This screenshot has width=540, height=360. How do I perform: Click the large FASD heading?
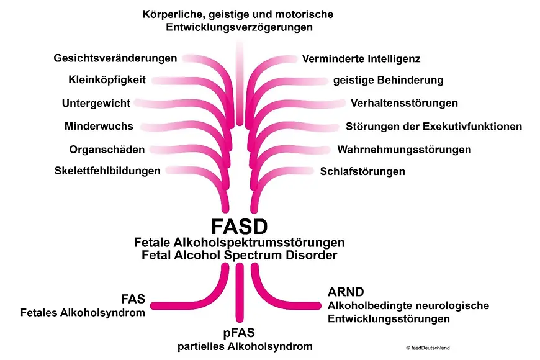tap(238, 225)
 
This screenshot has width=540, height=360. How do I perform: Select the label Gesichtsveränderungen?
tap(115, 58)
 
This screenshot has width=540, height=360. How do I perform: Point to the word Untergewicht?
tap(96, 103)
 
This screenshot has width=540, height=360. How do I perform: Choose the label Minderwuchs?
tap(99, 126)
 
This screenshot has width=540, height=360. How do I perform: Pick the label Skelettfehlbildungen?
tap(107, 171)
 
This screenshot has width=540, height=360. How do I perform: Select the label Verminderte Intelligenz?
tap(361, 59)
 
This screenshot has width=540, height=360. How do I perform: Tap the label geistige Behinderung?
tap(388, 80)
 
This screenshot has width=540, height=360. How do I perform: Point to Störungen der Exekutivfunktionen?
tap(433, 127)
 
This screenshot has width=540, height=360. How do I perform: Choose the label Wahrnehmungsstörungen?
tap(403, 150)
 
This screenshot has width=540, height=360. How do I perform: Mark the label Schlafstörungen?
tap(362, 171)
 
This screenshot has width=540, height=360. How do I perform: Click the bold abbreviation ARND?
tap(345, 292)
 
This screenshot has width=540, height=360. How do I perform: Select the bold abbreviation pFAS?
tap(239, 333)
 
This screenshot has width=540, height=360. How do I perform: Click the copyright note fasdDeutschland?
tap(428, 348)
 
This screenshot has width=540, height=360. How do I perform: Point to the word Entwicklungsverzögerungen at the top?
tap(239, 27)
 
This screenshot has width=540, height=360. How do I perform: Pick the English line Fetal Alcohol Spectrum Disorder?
tap(239, 255)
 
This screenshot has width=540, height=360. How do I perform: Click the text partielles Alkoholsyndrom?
tap(239, 346)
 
